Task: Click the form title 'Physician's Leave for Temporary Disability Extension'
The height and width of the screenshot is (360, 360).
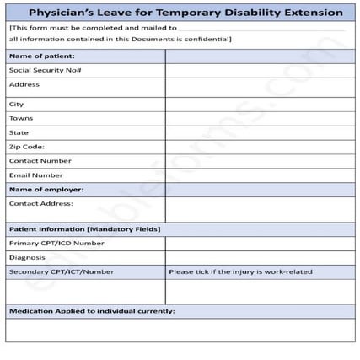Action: [x=180, y=13]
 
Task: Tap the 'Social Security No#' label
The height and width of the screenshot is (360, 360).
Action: [x=45, y=71]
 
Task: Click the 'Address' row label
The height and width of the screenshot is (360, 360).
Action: [x=24, y=84]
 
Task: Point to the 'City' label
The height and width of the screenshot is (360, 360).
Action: [x=17, y=105]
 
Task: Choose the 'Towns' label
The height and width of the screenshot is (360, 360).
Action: [x=21, y=118]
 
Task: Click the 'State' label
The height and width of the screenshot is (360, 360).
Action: [x=19, y=132]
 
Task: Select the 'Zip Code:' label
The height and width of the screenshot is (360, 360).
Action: [x=27, y=147]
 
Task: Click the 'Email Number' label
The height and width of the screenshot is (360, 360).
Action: [x=36, y=175]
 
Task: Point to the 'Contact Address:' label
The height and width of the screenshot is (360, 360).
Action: [x=41, y=203]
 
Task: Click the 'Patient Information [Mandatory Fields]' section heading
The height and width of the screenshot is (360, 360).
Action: [x=84, y=229]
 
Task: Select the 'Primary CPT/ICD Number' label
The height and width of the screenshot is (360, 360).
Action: [x=56, y=243]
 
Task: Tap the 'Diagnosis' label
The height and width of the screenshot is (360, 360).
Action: [x=27, y=257]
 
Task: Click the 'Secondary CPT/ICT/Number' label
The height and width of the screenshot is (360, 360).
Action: [x=61, y=271]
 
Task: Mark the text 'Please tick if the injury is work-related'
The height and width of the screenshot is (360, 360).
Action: [x=240, y=271]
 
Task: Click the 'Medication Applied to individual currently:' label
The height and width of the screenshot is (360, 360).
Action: [x=92, y=311]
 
